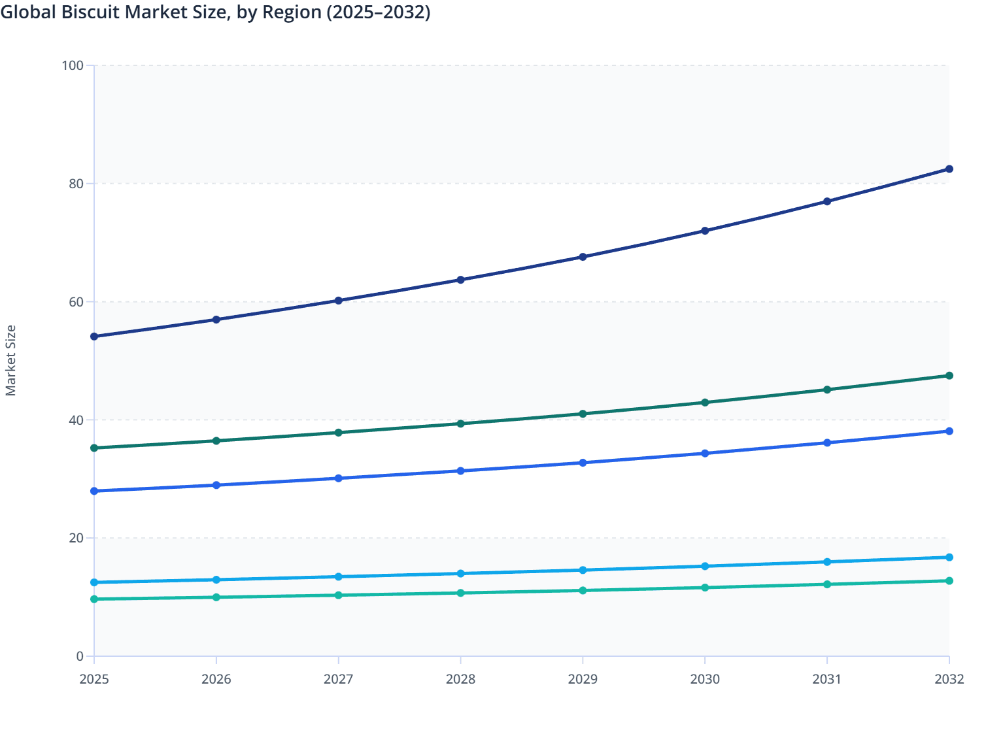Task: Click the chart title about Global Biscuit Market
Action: point(215,12)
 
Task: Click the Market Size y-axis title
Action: point(10,360)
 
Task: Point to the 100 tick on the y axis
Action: point(73,65)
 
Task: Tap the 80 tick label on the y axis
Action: point(76,184)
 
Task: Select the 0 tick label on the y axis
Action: point(80,656)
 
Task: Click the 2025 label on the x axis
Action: point(94,679)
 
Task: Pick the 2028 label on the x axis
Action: point(460,679)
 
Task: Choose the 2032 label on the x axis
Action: point(949,679)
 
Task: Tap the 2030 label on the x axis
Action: point(705,679)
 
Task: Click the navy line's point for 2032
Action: point(949,169)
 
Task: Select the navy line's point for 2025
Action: point(94,337)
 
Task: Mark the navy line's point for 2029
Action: point(583,257)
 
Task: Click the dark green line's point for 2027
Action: point(339,433)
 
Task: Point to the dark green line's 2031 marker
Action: point(827,390)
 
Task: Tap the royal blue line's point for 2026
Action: point(216,485)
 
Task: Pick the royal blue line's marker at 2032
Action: point(949,431)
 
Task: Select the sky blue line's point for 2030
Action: point(705,566)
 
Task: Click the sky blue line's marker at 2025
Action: point(94,582)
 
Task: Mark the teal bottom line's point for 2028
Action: point(460,593)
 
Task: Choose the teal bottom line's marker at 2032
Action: point(949,581)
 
